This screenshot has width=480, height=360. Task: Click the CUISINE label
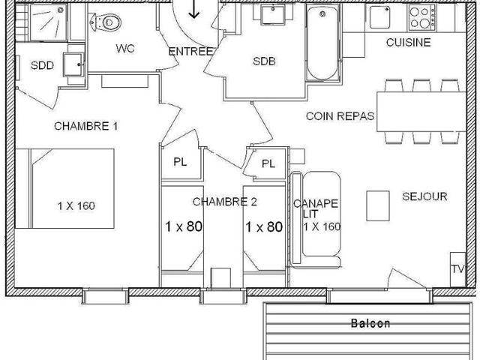(408, 43)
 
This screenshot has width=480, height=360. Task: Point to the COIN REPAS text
(340, 116)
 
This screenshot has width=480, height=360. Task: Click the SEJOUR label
(424, 196)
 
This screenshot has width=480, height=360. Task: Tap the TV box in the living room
(457, 268)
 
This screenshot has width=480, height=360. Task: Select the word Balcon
(370, 324)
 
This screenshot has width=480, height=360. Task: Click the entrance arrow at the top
(194, 9)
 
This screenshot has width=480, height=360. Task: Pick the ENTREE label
(191, 51)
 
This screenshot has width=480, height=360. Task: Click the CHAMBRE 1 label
(86, 126)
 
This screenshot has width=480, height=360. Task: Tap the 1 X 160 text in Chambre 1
(76, 205)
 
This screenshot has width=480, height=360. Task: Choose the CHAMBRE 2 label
(225, 201)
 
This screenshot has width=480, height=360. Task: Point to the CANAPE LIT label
(316, 208)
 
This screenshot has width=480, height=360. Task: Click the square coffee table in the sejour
(377, 202)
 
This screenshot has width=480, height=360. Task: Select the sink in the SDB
(273, 15)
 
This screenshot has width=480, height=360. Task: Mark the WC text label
(124, 49)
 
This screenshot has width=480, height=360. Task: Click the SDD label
(42, 66)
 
